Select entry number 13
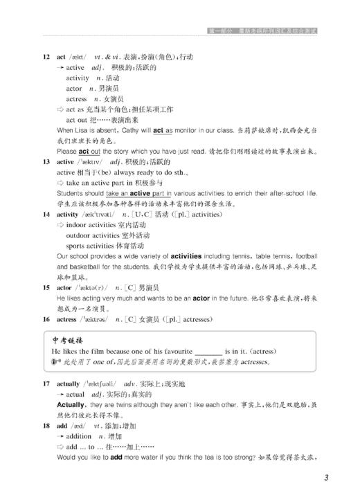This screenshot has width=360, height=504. pos(46,161)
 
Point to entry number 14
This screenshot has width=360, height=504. pos(46,214)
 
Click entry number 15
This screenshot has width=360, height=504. pos(46,287)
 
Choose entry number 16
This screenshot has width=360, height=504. pos(46,319)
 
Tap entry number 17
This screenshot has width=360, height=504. pos(46,383)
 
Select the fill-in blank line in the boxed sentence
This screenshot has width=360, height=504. pos(208,352)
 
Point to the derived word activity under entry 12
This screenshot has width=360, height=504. pos(78,78)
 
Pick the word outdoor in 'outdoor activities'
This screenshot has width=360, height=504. pos(79,235)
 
